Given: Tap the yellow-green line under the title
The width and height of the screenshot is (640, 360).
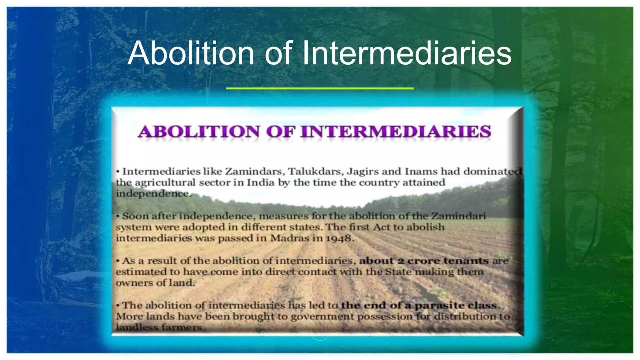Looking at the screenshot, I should (320, 88).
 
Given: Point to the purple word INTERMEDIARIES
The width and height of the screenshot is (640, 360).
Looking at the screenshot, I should (396, 132).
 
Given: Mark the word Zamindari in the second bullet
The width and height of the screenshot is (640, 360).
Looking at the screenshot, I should (459, 216).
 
